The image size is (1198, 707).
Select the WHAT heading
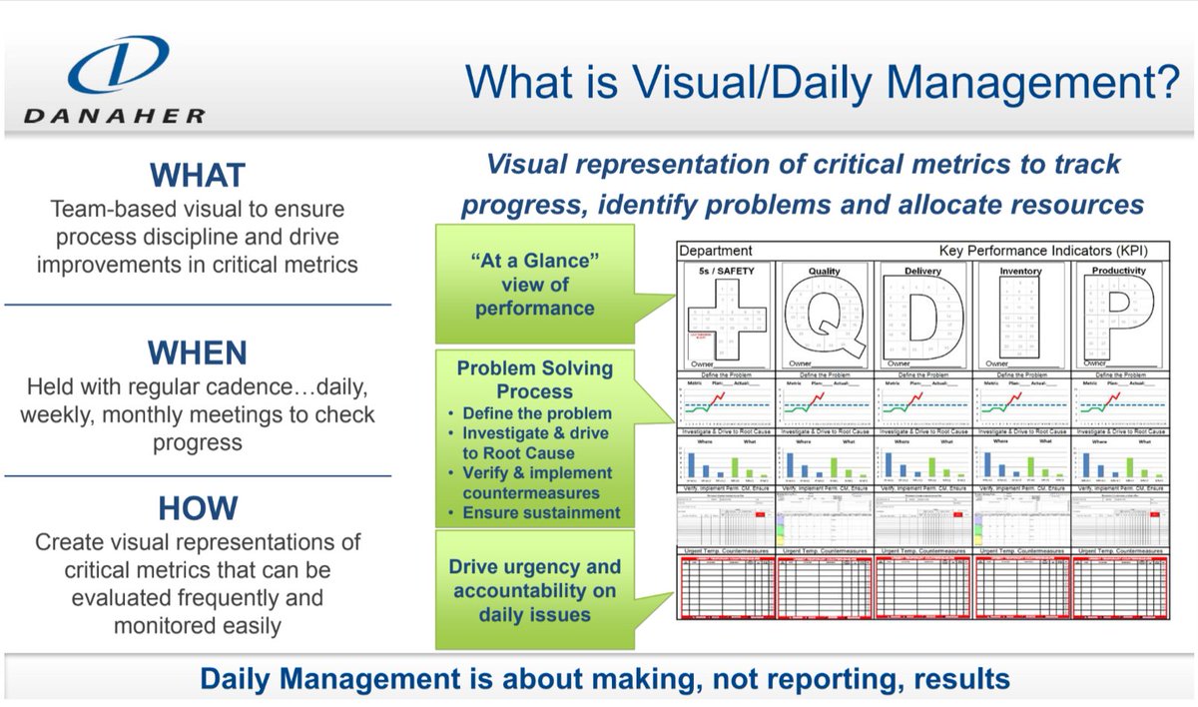(x=197, y=176)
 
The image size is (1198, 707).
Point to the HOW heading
(x=197, y=508)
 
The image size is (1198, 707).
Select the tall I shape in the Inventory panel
(x=1020, y=316)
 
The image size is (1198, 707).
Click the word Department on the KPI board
(x=715, y=251)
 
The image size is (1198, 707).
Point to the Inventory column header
(x=1020, y=270)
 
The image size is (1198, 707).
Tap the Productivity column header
(x=1118, y=270)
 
